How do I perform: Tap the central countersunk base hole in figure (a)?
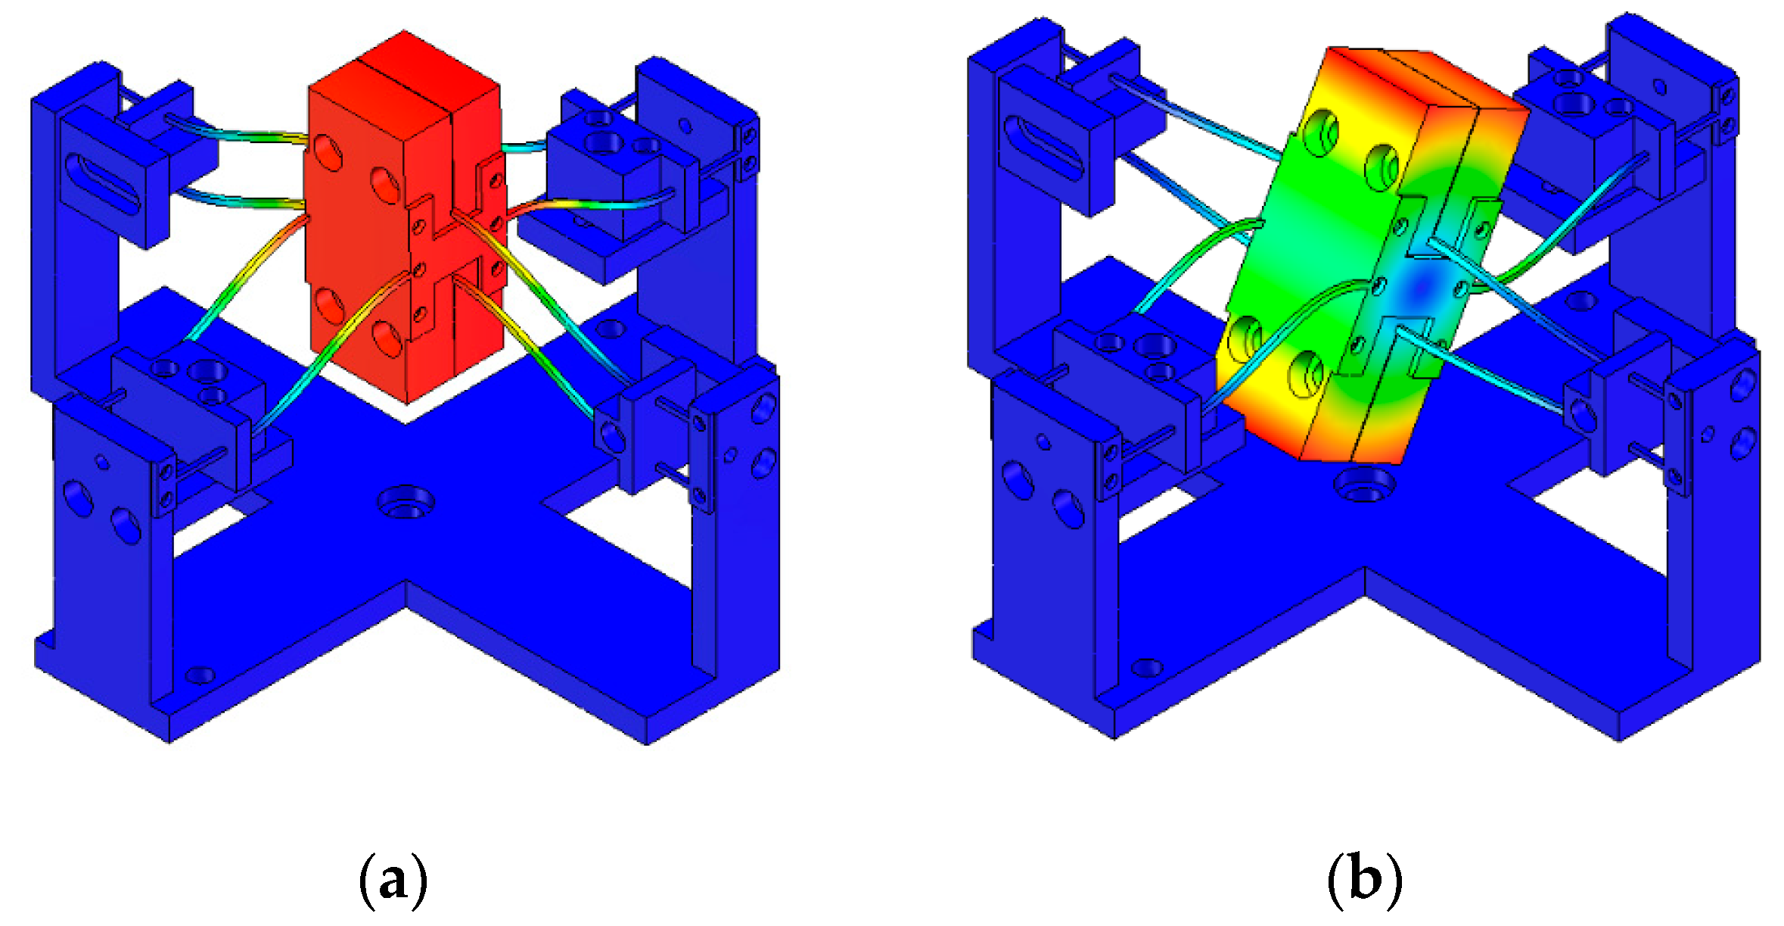(x=406, y=502)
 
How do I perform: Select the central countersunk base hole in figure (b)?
(x=1364, y=485)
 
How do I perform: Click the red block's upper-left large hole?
(x=328, y=154)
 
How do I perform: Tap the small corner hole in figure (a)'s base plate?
(x=200, y=675)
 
